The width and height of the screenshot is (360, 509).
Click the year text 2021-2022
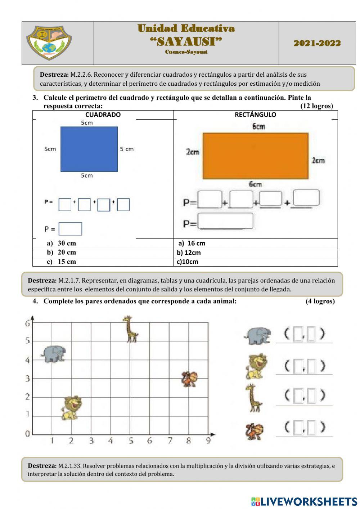click(317, 43)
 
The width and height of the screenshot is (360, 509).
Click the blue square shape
click(89, 149)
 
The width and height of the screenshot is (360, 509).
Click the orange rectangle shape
click(256, 156)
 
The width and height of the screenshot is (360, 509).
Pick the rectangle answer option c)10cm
click(187, 262)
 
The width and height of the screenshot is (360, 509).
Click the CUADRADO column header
click(103, 115)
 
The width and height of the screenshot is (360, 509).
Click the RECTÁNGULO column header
click(255, 115)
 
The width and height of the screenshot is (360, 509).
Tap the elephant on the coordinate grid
click(53, 353)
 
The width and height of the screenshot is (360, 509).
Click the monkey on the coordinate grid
click(189, 379)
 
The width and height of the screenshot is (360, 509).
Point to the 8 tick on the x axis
click(189, 440)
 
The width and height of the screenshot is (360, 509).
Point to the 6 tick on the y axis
click(27, 323)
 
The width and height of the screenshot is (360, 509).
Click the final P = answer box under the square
click(70, 229)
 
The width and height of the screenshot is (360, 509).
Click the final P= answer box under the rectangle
click(225, 221)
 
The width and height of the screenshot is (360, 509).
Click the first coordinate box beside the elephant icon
click(297, 334)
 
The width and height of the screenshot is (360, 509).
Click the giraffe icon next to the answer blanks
click(254, 398)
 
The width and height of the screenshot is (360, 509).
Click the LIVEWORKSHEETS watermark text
click(304, 501)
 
